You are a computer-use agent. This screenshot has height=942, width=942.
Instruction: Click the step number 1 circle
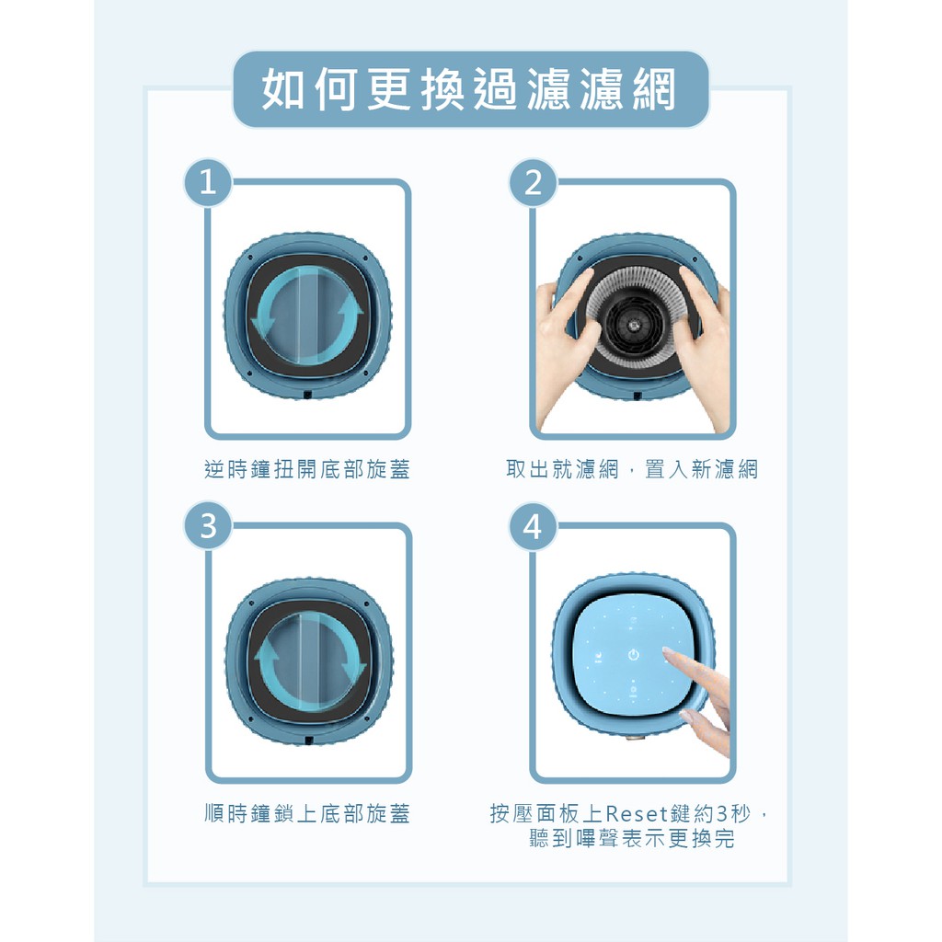point(208,182)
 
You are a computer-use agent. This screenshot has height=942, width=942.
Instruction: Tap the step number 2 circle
point(534,182)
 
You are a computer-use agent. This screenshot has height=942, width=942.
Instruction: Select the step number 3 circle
point(208,526)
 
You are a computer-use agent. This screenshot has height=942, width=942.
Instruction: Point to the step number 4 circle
point(534,526)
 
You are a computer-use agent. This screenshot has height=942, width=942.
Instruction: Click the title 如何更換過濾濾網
point(470,89)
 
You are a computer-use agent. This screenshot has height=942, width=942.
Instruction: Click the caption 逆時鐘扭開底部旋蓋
point(307,469)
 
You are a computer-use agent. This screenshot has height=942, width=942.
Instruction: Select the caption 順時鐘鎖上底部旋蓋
point(307,813)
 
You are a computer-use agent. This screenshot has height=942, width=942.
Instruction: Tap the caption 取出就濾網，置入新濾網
point(632,469)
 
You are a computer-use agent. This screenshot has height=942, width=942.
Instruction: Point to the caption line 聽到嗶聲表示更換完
point(632,838)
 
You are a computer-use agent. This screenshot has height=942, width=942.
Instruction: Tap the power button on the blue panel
point(633,655)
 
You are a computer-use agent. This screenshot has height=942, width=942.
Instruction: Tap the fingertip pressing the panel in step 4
point(667,651)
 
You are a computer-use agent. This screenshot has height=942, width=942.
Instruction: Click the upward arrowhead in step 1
point(350,307)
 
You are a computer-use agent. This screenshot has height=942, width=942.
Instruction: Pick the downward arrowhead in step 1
point(263,327)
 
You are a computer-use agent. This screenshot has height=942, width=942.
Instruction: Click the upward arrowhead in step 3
point(267,650)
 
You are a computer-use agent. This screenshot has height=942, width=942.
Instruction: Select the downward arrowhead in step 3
point(353,672)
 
